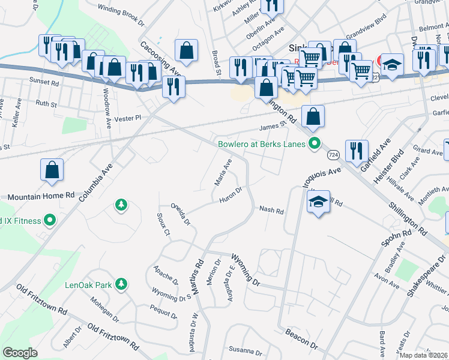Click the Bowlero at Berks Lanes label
tap(261, 144)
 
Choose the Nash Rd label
tap(271, 210)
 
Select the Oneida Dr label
tap(181, 213)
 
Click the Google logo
tap(20, 353)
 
